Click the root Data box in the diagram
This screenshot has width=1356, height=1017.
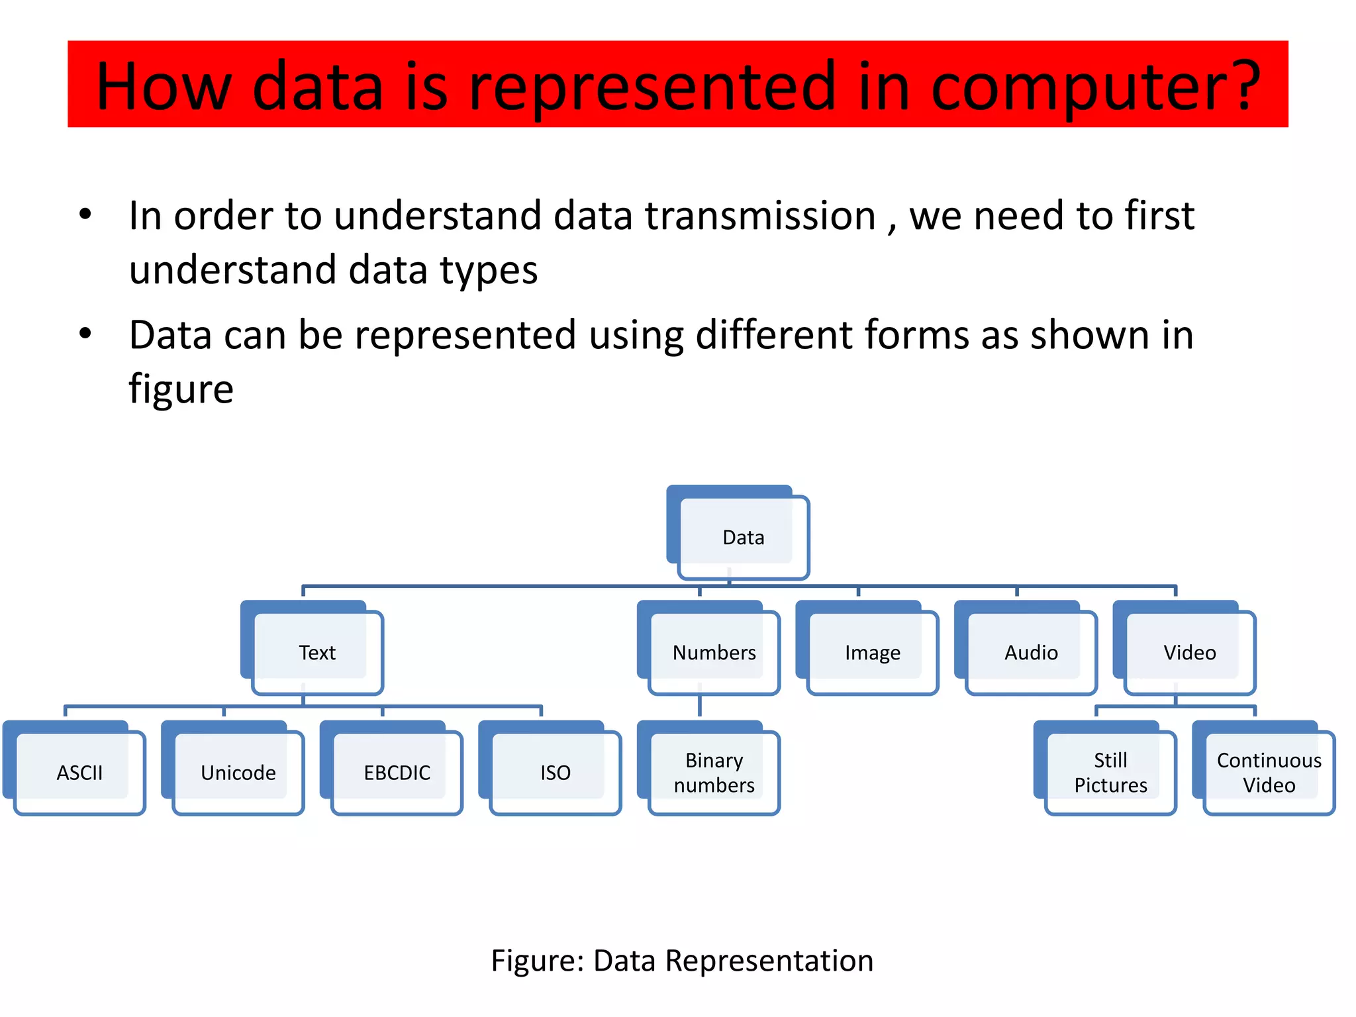[742, 537]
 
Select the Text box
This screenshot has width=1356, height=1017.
[316, 652]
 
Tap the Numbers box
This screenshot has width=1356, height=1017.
[714, 652]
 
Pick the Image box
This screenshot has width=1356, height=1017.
[872, 652]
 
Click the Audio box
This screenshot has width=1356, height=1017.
[1030, 652]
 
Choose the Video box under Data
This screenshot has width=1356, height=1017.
[1189, 652]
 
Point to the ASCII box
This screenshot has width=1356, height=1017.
[79, 772]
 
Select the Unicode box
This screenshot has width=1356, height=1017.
[238, 772]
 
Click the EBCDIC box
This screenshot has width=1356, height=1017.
[397, 772]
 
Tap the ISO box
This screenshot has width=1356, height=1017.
[555, 772]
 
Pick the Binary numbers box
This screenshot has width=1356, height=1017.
[714, 772]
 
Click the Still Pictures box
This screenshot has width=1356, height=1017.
[1110, 772]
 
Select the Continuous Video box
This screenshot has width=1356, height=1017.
[1269, 772]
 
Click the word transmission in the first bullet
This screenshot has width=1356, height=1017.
[760, 216]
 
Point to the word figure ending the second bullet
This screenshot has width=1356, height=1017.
[181, 389]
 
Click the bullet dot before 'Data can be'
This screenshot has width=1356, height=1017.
[85, 334]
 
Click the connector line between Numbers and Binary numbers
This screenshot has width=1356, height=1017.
[700, 706]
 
